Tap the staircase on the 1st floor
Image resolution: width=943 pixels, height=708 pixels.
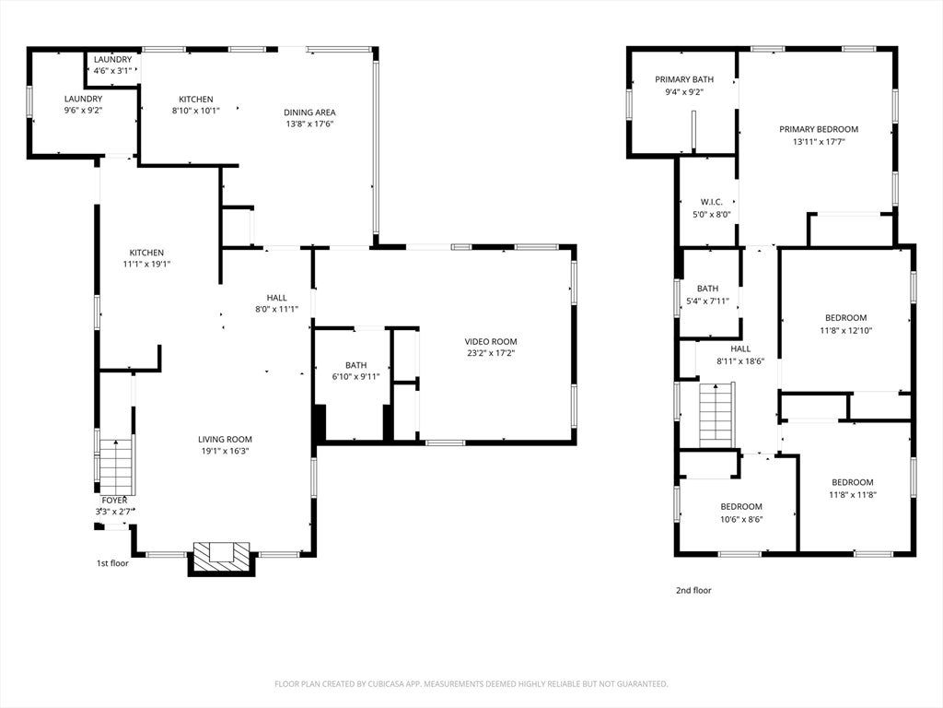click(x=116, y=466)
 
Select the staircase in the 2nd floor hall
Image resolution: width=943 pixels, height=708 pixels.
click(x=716, y=415)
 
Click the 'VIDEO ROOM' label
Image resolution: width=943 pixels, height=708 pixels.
click(x=491, y=341)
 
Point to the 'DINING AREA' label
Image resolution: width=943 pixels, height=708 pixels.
click(x=309, y=112)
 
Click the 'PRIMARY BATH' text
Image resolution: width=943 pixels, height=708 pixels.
click(x=684, y=79)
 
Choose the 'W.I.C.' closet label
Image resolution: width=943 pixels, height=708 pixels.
click(x=712, y=202)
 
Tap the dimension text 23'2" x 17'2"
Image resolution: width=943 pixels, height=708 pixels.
click(x=491, y=353)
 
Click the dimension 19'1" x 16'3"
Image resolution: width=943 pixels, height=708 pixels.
click(x=225, y=451)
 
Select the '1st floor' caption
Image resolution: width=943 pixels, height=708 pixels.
click(x=112, y=563)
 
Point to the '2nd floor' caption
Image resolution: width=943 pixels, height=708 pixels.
click(x=693, y=591)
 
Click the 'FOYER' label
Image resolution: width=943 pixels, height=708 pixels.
click(x=114, y=501)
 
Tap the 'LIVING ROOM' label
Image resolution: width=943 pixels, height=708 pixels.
click(x=225, y=440)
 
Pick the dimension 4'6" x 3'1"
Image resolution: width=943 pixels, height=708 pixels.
click(x=112, y=70)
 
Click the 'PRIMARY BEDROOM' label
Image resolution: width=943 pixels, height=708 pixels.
click(x=819, y=129)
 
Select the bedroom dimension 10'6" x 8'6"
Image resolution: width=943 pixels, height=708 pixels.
click(x=741, y=519)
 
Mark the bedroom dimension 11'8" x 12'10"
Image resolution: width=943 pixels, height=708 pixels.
click(x=845, y=330)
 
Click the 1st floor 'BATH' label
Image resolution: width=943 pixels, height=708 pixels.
click(x=356, y=365)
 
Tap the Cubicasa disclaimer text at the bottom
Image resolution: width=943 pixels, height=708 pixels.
click(x=471, y=684)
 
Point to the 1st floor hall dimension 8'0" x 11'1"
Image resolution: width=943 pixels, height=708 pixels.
click(x=276, y=310)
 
